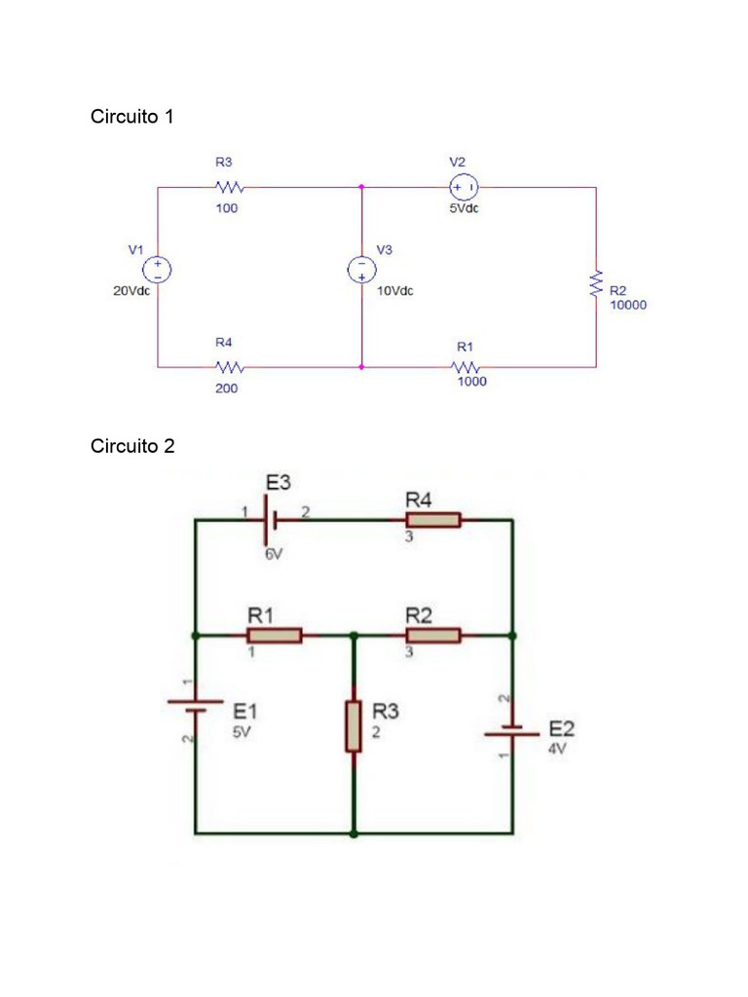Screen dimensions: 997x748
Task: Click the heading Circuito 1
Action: coord(132,117)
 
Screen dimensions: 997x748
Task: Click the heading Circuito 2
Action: coord(132,446)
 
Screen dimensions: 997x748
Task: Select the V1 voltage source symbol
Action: coord(158,270)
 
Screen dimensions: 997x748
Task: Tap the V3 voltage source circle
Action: coord(361,270)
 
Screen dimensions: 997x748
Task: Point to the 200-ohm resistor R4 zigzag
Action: coord(229,367)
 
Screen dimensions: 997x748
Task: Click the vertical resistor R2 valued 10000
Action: coord(596,283)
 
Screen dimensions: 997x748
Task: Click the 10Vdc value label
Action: coord(394,291)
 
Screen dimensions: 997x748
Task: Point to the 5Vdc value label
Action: coord(464,208)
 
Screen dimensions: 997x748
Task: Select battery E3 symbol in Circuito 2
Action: coord(272,520)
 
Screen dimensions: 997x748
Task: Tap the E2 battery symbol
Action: coord(512,731)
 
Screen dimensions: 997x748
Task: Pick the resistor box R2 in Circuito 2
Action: coord(428,635)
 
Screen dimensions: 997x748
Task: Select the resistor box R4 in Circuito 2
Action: coord(428,520)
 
